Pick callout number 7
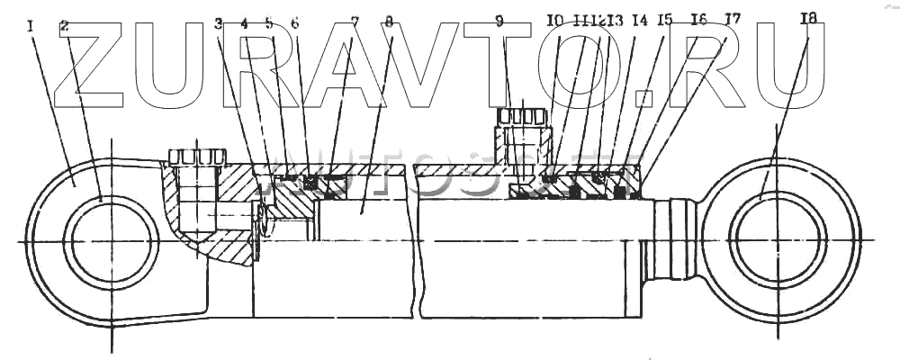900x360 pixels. click(355, 20)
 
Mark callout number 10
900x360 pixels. click(555, 19)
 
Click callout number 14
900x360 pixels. click(639, 19)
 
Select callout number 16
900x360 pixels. click(698, 18)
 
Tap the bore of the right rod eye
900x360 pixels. click(779, 241)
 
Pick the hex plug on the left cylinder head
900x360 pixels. click(195, 157)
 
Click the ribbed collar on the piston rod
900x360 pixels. click(674, 241)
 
